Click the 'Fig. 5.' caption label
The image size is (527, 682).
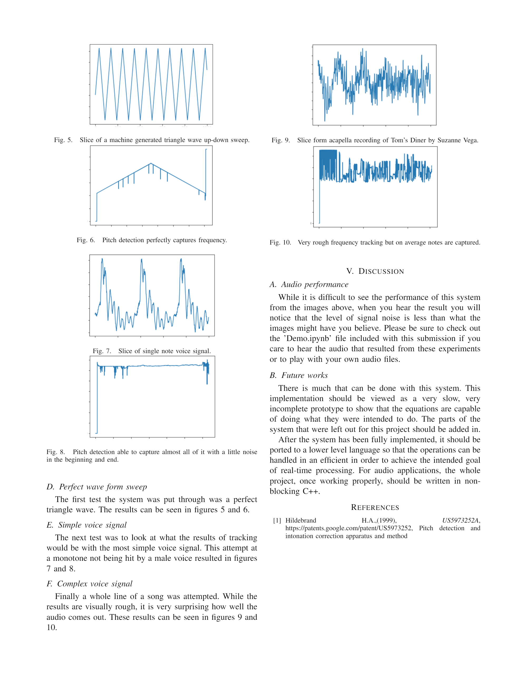(x=63, y=140)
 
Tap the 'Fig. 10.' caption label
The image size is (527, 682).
(x=280, y=242)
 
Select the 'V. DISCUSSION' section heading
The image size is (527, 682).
(x=375, y=271)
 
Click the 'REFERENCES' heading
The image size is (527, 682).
(x=375, y=508)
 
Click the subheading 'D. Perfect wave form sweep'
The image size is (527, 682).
(x=97, y=486)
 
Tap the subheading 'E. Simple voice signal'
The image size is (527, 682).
(x=86, y=525)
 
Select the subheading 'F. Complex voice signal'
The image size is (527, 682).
(x=89, y=583)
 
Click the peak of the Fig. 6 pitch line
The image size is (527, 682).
(x=151, y=163)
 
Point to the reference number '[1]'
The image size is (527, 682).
(x=277, y=520)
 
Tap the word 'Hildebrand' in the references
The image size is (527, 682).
(x=301, y=520)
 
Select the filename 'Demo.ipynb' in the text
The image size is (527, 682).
(x=308, y=339)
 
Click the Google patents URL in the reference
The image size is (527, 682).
(x=348, y=528)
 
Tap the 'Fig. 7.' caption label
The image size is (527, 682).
(x=102, y=351)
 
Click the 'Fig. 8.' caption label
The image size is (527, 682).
(x=56, y=452)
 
